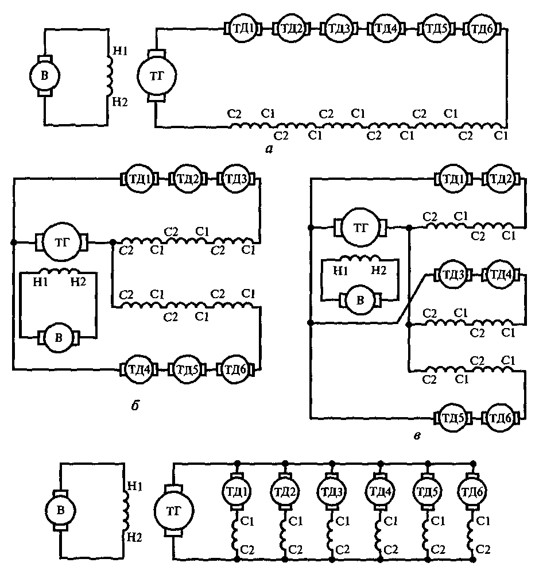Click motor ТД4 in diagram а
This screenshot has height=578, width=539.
point(386,28)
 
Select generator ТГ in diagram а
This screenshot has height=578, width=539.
point(157,76)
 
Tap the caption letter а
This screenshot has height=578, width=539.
point(269,149)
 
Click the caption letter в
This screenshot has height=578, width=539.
point(417,436)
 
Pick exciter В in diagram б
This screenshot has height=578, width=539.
point(59,338)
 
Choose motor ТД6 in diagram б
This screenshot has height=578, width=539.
point(235,369)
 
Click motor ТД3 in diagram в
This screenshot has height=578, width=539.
point(453,275)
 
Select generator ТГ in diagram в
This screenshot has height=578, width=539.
point(360,228)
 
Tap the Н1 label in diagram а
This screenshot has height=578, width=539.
point(119,51)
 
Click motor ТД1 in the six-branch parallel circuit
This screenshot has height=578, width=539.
point(237,491)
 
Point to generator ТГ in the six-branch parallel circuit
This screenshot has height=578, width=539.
point(173,511)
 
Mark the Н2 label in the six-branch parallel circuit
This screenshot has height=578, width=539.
point(134,537)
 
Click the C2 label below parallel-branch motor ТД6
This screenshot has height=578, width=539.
point(483,550)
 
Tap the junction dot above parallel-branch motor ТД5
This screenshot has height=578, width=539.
point(428,463)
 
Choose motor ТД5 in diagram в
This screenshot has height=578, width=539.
point(452,418)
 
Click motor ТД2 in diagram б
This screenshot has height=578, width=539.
point(188,179)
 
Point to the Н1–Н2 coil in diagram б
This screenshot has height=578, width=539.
point(59,271)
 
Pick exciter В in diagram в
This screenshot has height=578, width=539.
point(360,300)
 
